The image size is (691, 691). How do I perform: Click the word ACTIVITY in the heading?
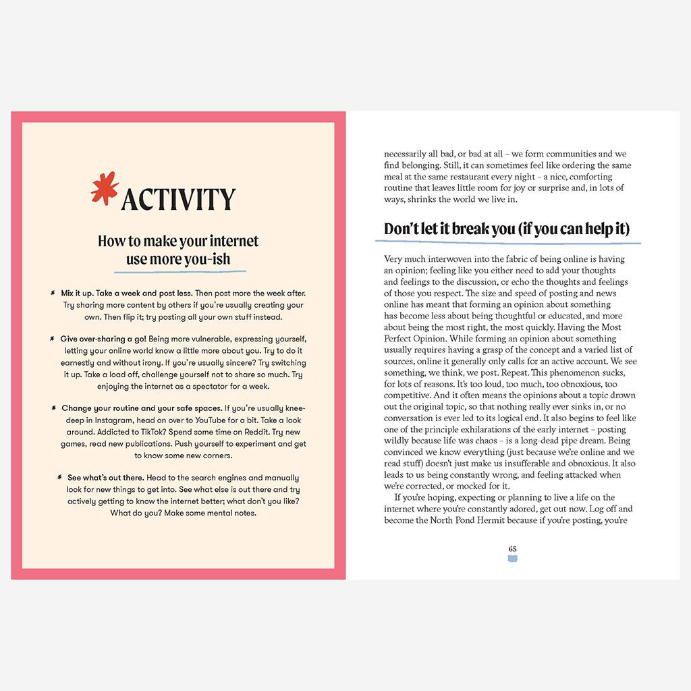[178, 199]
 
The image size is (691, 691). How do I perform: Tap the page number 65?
[512, 549]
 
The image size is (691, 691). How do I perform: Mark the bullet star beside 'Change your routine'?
[52, 408]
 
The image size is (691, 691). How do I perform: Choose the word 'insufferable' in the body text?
[491, 464]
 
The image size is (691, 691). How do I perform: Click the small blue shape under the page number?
[512, 559]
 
